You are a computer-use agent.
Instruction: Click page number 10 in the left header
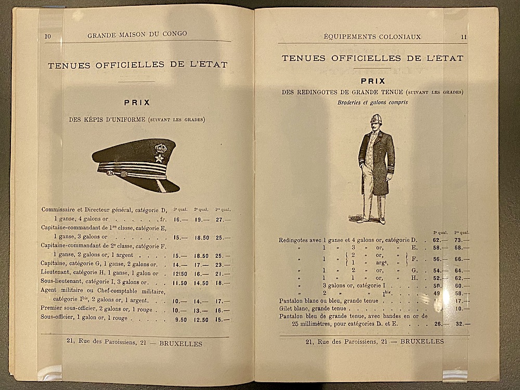pyautogui.click(x=48, y=35)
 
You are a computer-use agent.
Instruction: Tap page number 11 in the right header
pyautogui.click(x=463, y=37)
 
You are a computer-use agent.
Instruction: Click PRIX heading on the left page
pyautogui.click(x=137, y=102)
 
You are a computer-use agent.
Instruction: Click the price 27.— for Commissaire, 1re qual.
pyautogui.click(x=223, y=220)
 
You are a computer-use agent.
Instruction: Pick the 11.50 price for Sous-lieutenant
pyautogui.click(x=179, y=283)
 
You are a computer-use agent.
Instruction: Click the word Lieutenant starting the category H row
pyautogui.click(x=59, y=274)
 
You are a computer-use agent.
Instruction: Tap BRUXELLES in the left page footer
pyautogui.click(x=180, y=343)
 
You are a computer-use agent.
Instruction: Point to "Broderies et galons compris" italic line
pyautogui.click(x=372, y=102)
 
